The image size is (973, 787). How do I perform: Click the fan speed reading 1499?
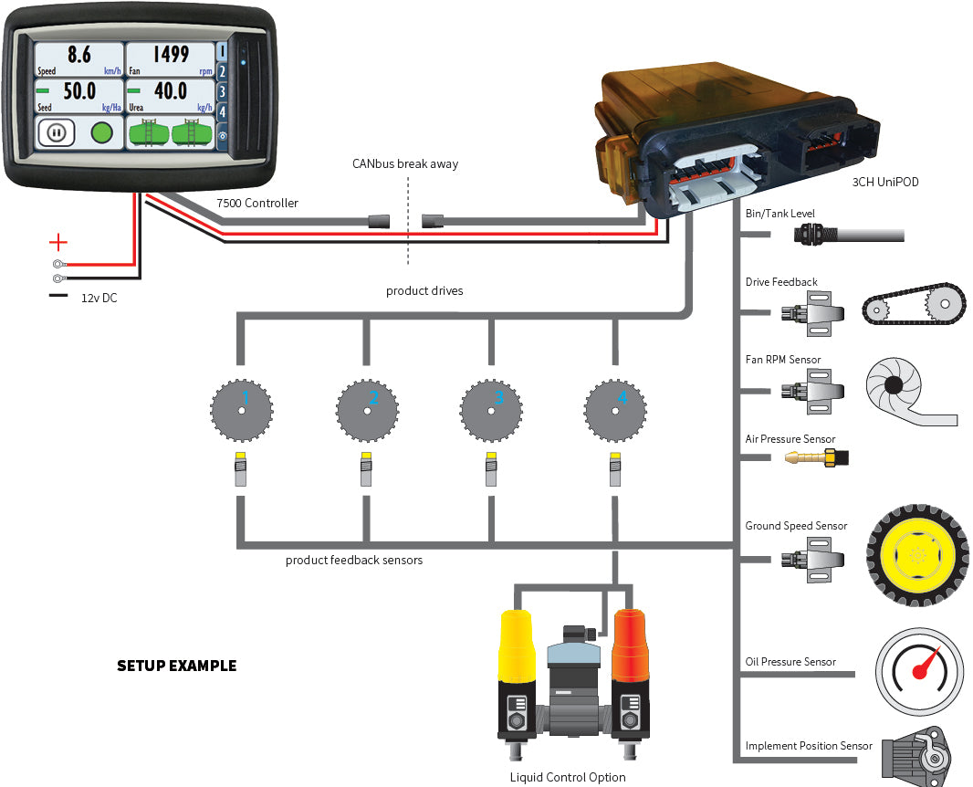(x=171, y=55)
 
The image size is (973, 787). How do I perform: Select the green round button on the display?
(x=102, y=133)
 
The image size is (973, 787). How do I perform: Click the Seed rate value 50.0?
(x=79, y=91)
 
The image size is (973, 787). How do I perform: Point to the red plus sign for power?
(x=58, y=243)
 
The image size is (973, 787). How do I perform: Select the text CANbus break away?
(x=405, y=164)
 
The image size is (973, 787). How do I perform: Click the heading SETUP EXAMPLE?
(x=176, y=666)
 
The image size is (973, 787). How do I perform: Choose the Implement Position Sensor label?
(x=809, y=746)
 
